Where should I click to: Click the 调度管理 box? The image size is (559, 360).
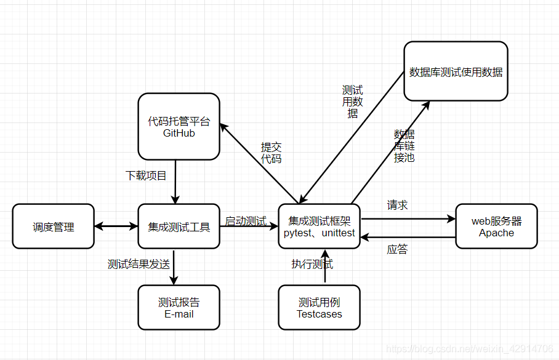54,226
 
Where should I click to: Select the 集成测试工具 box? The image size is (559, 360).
179,226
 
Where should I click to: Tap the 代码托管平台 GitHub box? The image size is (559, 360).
179,126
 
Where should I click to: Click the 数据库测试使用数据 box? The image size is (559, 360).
456,71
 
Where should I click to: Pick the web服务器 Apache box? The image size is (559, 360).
496,226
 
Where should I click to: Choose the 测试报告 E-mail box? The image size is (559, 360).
179,308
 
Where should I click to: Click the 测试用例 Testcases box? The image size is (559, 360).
319,308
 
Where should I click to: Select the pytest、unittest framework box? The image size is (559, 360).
319,226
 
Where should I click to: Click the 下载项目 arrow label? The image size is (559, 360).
146,175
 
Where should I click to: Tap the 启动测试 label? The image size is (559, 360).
244,221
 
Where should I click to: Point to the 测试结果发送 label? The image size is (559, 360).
139,265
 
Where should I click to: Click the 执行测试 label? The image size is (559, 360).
312,265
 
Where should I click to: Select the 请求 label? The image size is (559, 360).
397,205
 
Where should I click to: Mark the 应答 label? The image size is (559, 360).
397,249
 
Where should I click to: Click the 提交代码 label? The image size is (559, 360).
271,153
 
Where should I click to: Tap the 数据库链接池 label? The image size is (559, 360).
404,146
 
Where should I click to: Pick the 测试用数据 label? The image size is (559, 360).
352,102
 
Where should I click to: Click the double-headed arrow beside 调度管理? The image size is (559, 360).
116,226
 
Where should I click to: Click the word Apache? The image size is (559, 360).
496,233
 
